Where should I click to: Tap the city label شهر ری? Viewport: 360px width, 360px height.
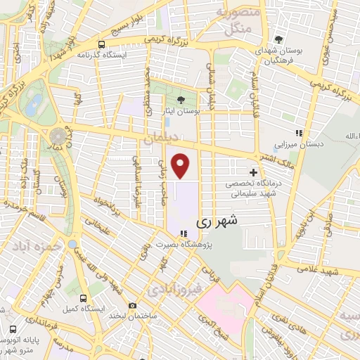click(x=215, y=220)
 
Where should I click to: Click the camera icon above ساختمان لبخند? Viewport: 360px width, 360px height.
click(x=132, y=304)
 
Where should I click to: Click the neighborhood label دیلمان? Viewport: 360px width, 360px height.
click(x=157, y=141)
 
